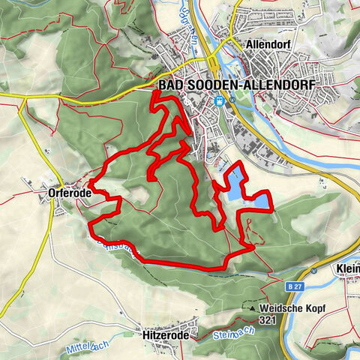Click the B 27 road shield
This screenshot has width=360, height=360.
(x=296, y=286)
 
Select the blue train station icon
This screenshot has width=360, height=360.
(x=219, y=101)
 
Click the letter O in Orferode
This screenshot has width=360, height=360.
(x=50, y=193)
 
